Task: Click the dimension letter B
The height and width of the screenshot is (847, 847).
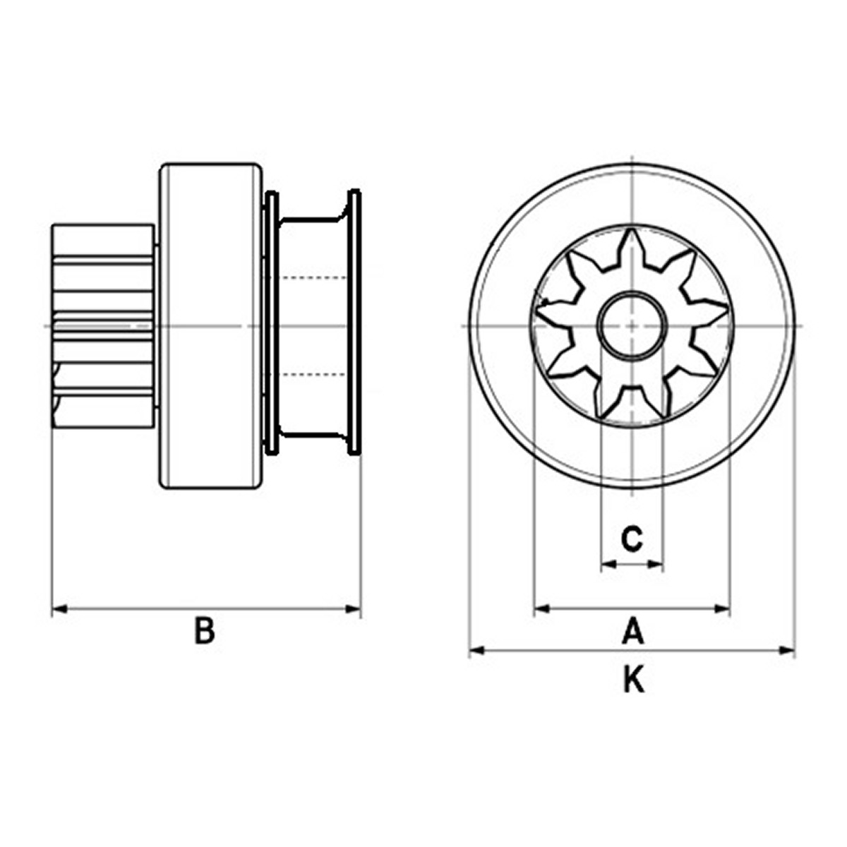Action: tap(205, 631)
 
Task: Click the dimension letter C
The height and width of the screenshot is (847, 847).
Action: tap(632, 539)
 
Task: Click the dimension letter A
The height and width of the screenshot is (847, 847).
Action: tap(633, 631)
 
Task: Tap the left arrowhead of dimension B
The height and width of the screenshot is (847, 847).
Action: tap(59, 608)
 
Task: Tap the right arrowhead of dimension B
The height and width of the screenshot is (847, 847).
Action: tap(353, 608)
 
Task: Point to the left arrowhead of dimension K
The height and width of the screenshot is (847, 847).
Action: tap(476, 650)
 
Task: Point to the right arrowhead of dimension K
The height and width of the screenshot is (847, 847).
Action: tap(787, 650)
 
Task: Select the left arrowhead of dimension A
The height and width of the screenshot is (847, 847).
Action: tap(542, 608)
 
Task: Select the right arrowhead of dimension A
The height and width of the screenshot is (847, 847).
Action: tap(722, 608)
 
